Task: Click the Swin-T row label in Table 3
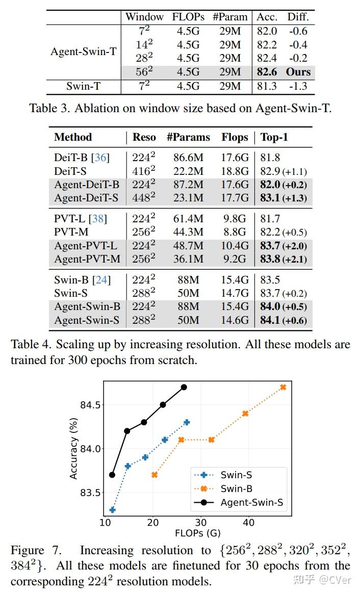[x=83, y=86]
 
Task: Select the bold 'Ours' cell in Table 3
[x=298, y=72]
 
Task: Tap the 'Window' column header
[x=144, y=17]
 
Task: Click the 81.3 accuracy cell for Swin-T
[x=267, y=86]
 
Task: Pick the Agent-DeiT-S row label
[x=86, y=198]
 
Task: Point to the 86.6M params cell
[x=188, y=158]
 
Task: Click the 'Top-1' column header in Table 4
[x=274, y=137]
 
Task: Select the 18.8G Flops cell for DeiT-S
[x=235, y=171]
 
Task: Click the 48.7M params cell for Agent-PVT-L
[x=188, y=246]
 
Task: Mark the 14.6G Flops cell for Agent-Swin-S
[x=235, y=320]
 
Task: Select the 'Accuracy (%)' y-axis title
[x=73, y=448]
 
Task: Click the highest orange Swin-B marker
[x=283, y=388]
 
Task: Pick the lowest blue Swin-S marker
[x=112, y=509]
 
